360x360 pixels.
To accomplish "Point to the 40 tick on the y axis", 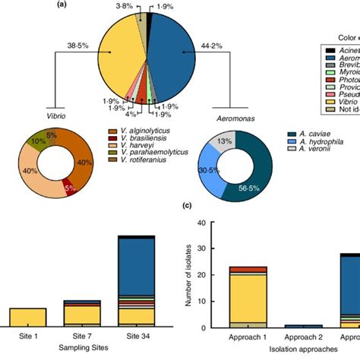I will pos(201,223).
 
